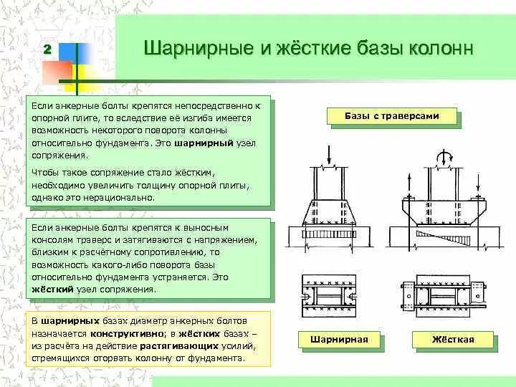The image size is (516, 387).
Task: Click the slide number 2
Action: (x=47, y=49)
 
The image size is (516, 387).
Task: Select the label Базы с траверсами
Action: (x=391, y=115)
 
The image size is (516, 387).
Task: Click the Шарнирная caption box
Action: (x=338, y=339)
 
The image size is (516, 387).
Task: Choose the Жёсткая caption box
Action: (x=453, y=339)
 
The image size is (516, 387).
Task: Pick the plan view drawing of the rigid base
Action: (x=444, y=294)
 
